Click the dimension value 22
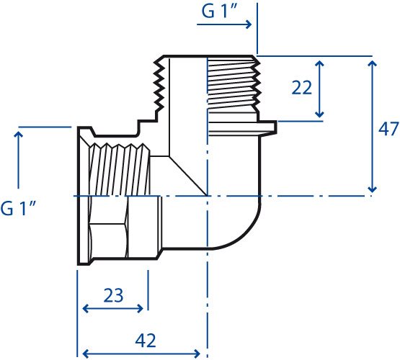pyautogui.click(x=301, y=87)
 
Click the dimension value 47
pyautogui.click(x=388, y=129)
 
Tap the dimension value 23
pyautogui.click(x=113, y=295)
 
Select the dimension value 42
pyautogui.click(x=146, y=341)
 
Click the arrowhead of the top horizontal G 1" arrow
pyautogui.click(x=249, y=24)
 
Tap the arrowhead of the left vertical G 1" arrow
pyautogui.click(x=18, y=135)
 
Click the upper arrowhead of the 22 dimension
pyautogui.click(x=319, y=63)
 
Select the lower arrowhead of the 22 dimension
pyautogui.click(x=319, y=114)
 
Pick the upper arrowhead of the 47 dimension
pyautogui.click(x=372, y=63)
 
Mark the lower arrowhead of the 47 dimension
pyautogui.click(x=372, y=189)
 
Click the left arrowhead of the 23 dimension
pyautogui.click(x=86, y=309)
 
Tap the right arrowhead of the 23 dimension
pyautogui.click(x=141, y=309)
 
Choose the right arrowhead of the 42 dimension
pyautogui.click(x=197, y=354)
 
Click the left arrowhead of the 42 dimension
pyautogui.click(x=86, y=354)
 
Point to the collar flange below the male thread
pyautogui.click(x=242, y=128)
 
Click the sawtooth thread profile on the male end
pyautogui.click(x=159, y=86)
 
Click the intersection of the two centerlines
pyautogui.click(x=208, y=196)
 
